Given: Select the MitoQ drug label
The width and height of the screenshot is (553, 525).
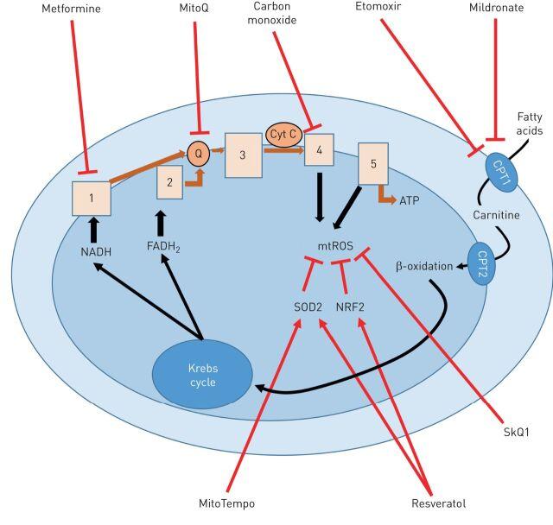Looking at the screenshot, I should [x=194, y=8].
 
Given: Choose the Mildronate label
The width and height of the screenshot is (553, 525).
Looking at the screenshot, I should [x=496, y=8].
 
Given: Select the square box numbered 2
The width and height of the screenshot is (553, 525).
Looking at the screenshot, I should [x=169, y=182].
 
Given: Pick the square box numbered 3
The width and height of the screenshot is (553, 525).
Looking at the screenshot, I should [x=244, y=155].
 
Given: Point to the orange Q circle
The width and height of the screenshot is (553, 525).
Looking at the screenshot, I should [x=199, y=153].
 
